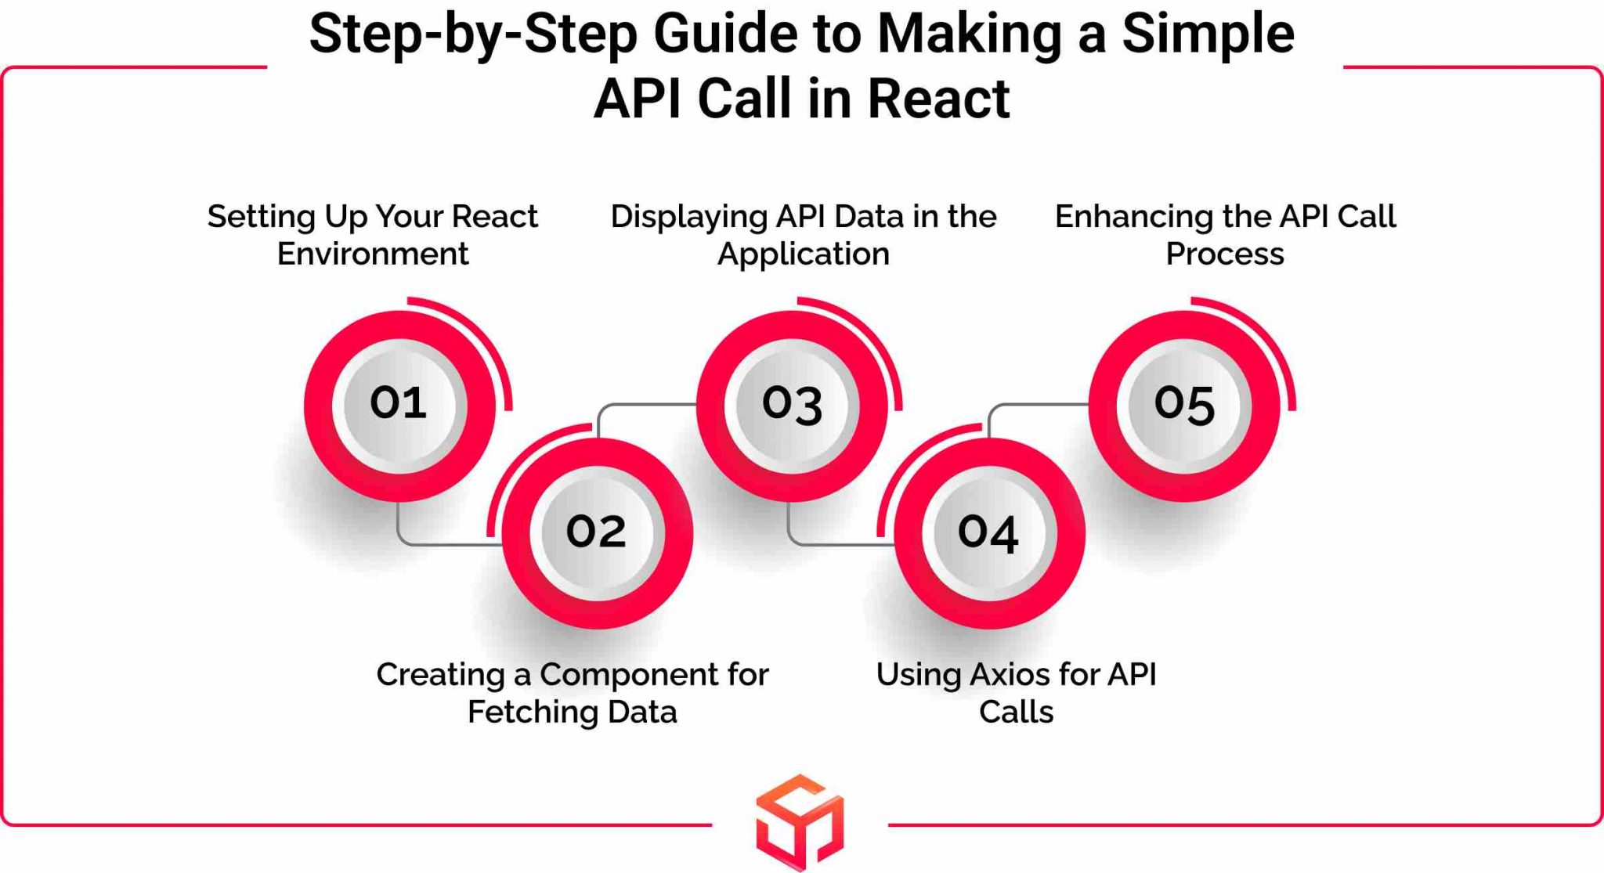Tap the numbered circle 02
click(597, 533)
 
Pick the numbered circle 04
click(988, 533)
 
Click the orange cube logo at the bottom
click(800, 821)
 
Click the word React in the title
click(938, 99)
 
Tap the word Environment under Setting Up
click(373, 254)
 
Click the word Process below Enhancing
click(1224, 254)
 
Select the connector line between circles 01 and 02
click(439, 543)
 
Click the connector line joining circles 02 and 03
click(642, 405)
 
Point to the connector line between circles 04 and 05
click(1034, 405)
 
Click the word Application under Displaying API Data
click(803, 254)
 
